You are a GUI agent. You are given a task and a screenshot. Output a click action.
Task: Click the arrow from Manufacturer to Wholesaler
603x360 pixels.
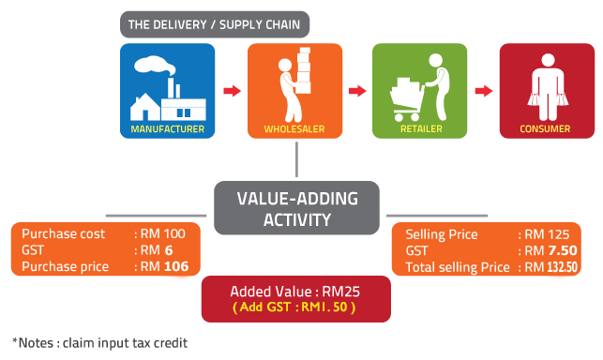232,91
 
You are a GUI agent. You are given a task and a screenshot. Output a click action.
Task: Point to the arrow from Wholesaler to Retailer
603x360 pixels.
357,91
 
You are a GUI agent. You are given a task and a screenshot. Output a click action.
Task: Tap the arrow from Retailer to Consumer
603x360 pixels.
483,91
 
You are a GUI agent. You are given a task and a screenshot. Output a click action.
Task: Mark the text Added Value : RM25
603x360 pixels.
296,291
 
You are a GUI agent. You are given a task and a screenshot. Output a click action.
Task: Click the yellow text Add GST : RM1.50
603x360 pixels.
296,307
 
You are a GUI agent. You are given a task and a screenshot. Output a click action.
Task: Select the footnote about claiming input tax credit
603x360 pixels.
99,343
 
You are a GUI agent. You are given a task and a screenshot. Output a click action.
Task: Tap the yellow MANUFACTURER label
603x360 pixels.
168,127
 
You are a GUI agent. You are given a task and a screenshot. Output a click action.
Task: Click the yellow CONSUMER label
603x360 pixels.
545,127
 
